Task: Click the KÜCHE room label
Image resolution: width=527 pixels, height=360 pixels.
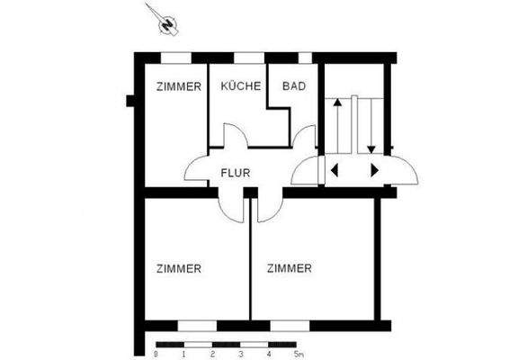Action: [x=240, y=87]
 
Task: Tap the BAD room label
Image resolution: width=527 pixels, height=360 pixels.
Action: [x=294, y=87]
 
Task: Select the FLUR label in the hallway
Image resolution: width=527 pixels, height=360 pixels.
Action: [x=236, y=173]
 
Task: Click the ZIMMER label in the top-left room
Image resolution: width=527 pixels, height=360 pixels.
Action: [x=178, y=87]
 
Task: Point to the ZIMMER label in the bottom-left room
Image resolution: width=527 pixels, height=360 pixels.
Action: [x=178, y=268]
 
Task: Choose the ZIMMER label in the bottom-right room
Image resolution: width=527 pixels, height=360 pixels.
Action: [x=290, y=268]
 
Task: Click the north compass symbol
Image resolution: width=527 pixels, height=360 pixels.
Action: [x=165, y=23]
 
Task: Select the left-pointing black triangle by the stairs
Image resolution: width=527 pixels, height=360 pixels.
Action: [x=334, y=169]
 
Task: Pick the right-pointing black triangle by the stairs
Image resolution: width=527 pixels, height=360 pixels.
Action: [x=374, y=169]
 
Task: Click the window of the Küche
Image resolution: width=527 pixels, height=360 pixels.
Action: [x=247, y=58]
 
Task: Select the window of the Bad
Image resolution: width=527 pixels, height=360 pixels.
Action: [x=305, y=58]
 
